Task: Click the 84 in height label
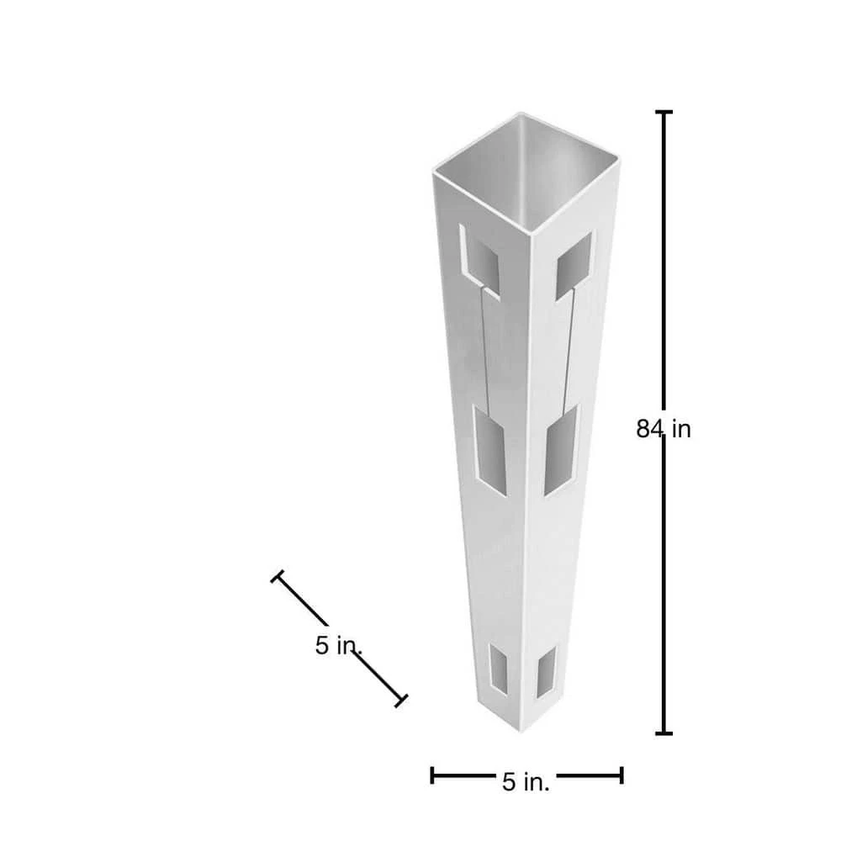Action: pos(664,429)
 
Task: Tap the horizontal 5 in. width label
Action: pos(526,782)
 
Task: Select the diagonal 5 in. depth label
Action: pos(338,645)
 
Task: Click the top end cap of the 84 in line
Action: pos(664,112)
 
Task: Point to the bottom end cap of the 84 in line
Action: pos(664,733)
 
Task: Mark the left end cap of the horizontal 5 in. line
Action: pos(432,775)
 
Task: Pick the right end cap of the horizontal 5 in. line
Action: pos(621,775)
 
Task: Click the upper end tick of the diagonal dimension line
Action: pos(278,577)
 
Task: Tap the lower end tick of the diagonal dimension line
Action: pos(400,701)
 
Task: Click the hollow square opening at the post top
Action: pos(526,172)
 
